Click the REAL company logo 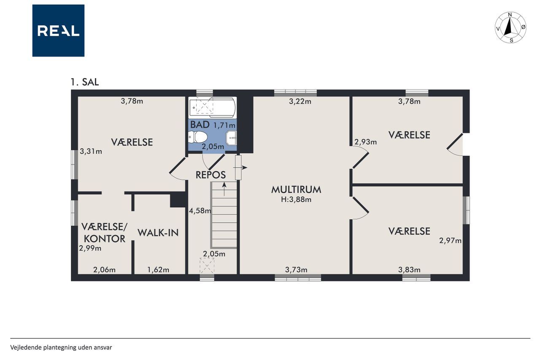(58, 31)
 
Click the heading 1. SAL (85, 82)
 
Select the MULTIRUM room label (296, 190)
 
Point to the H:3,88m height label (296, 200)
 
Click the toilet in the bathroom (198, 137)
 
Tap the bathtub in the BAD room (212, 107)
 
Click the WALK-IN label (158, 233)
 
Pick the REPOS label (211, 175)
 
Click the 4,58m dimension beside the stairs (200, 211)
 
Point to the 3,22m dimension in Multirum (300, 102)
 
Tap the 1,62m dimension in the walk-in (158, 270)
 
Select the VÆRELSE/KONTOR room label (104, 233)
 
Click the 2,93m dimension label (365, 142)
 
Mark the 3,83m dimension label (409, 270)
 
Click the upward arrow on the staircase (224, 189)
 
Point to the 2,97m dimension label (450, 241)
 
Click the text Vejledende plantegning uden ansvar (61, 347)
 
